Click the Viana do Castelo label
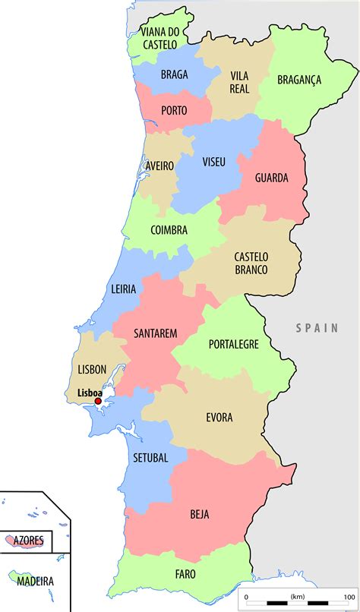pos(159,38)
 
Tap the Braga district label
pos(174,74)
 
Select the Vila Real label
pos(238,81)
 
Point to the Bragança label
pos(299,79)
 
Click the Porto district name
pos(174,111)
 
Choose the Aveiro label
pos(159,166)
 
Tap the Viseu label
pos(213,162)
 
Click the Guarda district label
pos(271,178)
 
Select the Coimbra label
pos(169,230)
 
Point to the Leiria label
pos(123,289)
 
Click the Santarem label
pos(155,333)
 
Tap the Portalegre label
pos(233,344)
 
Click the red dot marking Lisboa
pos(97,401)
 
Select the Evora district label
pos(219,418)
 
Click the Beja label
pos(200,514)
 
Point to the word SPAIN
pos(317,328)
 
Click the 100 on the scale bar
pos(349,597)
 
